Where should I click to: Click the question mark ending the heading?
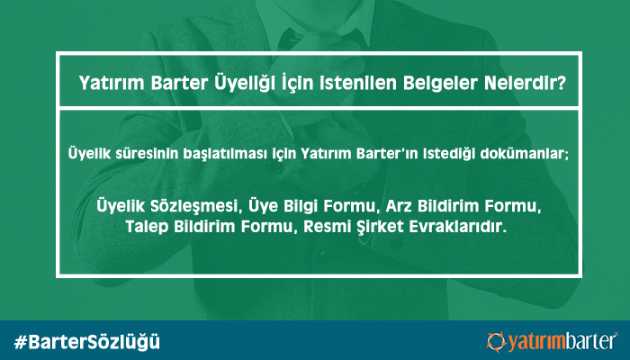[559, 83]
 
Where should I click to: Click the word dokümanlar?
[520, 154]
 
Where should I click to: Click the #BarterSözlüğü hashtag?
[87, 342]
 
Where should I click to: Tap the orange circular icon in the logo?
[497, 342]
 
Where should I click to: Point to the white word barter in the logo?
[590, 342]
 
